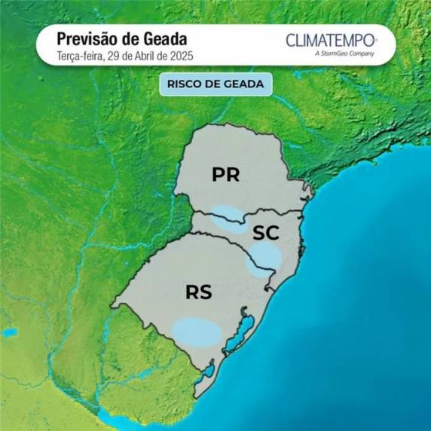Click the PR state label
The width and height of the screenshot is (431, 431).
[x=225, y=175]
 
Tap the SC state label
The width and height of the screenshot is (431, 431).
[x=265, y=233]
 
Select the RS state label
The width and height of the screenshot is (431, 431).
[x=199, y=292]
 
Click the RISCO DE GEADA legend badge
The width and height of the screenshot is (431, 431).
[x=215, y=84]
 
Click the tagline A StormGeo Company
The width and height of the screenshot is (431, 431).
[x=345, y=54]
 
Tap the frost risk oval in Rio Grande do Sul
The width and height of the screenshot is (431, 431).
[x=197, y=332]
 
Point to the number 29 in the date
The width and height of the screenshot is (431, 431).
[x=113, y=55]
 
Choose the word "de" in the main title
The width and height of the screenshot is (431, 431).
[x=128, y=38]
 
